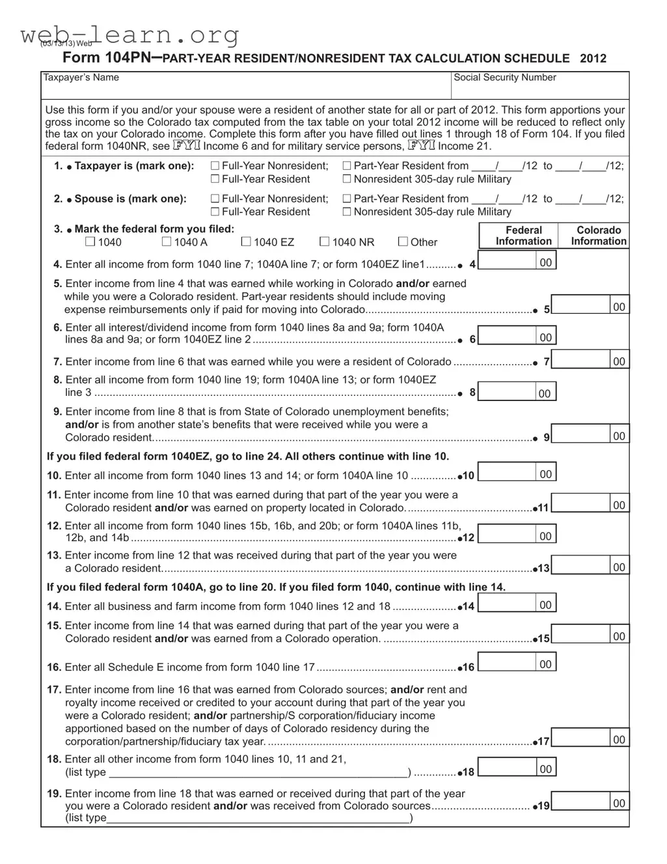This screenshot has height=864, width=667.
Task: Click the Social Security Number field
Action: click(540, 89)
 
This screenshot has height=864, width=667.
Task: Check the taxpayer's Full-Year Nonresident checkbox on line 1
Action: click(215, 166)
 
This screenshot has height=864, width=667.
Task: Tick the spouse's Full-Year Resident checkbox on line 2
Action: click(215, 212)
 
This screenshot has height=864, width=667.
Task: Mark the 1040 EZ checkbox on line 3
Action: click(246, 242)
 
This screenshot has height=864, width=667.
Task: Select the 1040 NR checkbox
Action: click(324, 242)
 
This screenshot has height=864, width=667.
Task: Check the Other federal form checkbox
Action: click(403, 242)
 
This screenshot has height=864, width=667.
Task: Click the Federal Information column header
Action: click(523, 236)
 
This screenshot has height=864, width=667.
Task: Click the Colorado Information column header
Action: click(599, 236)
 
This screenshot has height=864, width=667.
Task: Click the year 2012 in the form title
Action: click(592, 59)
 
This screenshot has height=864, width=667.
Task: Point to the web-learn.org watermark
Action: click(130, 34)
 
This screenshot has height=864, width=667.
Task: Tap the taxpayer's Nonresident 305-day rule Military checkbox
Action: click(347, 179)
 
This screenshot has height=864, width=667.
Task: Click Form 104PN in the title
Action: click(107, 58)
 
